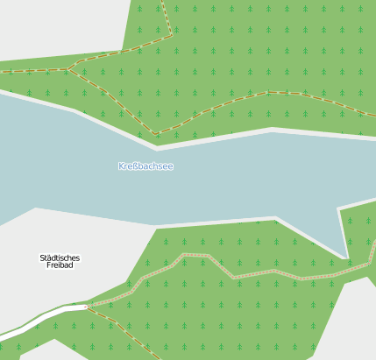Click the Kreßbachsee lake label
(x=145, y=166)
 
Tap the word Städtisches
(x=60, y=258)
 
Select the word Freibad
(x=60, y=265)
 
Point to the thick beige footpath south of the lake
(x=263, y=272)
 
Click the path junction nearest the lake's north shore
(x=156, y=134)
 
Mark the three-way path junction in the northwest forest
(x=70, y=68)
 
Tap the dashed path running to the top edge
(x=166, y=13)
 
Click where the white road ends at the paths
(x=87, y=307)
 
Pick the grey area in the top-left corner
(x=53, y=26)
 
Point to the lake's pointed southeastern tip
(x=347, y=257)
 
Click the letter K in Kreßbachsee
(x=122, y=166)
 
